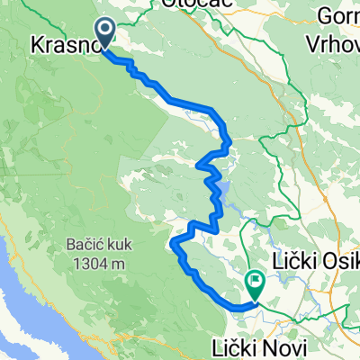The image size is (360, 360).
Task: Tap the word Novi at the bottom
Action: coord(292,347)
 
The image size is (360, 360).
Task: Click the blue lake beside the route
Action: coord(224,190)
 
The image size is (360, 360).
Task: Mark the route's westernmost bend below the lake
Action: coord(173,241)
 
